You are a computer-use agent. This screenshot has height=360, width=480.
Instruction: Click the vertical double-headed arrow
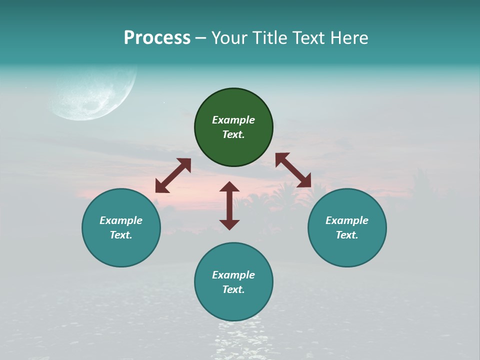pyautogui.click(x=229, y=205)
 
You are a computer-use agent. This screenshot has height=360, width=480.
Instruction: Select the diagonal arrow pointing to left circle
pyautogui.click(x=173, y=175)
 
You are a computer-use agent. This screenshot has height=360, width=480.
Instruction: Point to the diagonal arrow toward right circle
pyautogui.click(x=293, y=170)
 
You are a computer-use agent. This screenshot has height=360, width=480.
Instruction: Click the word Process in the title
pyautogui.click(x=157, y=38)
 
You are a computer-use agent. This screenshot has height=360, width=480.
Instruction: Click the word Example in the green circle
pyautogui.click(x=233, y=120)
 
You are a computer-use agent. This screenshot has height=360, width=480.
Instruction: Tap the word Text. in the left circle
pyautogui.click(x=121, y=235)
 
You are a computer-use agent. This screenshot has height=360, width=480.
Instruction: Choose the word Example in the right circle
pyautogui.click(x=347, y=220)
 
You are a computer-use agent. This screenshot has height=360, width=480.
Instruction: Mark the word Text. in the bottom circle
pyautogui.click(x=233, y=289)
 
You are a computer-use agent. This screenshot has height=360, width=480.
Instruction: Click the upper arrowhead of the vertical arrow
pyautogui.click(x=229, y=187)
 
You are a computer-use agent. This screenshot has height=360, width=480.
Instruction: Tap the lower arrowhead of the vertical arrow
pyautogui.click(x=229, y=224)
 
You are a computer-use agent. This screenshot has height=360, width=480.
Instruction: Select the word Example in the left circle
pyautogui.click(x=121, y=220)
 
